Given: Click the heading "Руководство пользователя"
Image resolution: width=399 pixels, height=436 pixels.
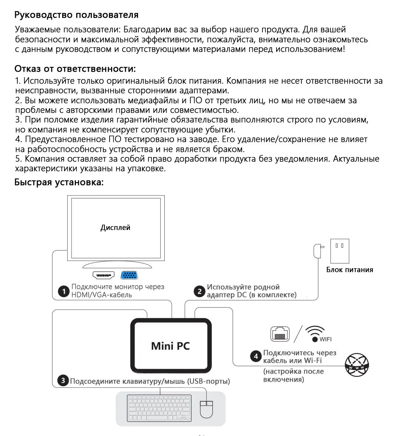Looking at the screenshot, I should (x=76, y=15).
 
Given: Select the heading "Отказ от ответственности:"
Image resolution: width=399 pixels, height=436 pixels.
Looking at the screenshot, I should (x=75, y=69).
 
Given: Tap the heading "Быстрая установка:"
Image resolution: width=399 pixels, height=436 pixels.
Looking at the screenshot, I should (x=59, y=182).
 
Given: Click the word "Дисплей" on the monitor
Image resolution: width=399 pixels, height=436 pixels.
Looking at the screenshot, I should (x=115, y=228).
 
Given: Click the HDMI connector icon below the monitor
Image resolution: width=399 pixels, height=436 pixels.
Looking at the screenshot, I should (x=104, y=275).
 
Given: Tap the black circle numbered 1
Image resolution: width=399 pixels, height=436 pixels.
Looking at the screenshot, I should (x=64, y=291).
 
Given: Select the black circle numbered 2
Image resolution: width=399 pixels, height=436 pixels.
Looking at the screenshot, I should (x=199, y=291).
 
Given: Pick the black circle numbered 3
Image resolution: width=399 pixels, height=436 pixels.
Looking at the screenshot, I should (x=63, y=380).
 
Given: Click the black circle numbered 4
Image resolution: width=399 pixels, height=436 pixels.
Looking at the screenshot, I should (x=256, y=357).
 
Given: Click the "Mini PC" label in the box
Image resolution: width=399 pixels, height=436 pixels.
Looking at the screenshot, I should (x=171, y=346).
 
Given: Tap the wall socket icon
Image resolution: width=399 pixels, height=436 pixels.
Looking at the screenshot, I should (x=339, y=251).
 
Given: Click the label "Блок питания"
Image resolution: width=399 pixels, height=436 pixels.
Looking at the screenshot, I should (x=349, y=270).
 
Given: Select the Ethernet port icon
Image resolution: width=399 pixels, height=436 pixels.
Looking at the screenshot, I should (x=280, y=334).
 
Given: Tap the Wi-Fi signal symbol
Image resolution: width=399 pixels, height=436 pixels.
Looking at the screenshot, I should (x=315, y=333).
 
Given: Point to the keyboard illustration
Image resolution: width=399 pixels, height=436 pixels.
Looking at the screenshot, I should (x=159, y=408).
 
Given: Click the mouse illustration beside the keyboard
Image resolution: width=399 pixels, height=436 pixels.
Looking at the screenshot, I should (x=207, y=409).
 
